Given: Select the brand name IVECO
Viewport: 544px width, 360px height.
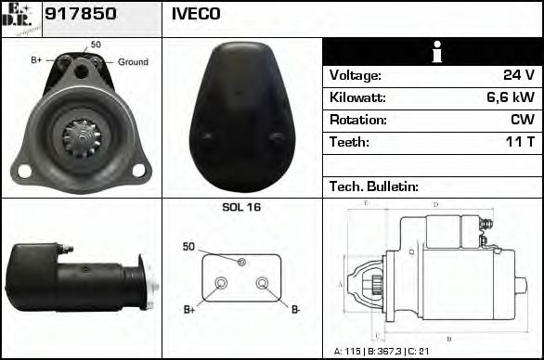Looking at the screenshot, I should tap(195, 15).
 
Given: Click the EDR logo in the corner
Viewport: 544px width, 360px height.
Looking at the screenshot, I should tap(20, 18).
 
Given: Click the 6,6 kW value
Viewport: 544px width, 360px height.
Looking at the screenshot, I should tap(511, 97).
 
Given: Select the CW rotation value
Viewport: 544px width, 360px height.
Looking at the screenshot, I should tap(522, 120).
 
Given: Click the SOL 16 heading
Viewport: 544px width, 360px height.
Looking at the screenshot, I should tap(241, 207).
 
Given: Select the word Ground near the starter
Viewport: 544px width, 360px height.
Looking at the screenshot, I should tap(133, 62).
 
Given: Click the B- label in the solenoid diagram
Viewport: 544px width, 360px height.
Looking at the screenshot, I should tap(295, 309).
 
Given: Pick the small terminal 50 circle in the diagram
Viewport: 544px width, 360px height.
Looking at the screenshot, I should tap(241, 262).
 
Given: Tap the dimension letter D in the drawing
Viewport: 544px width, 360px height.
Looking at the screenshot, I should tap(435, 204).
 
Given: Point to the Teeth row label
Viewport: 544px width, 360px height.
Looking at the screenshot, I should tap(349, 142).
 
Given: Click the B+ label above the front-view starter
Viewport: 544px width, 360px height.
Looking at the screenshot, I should tap(36, 60).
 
